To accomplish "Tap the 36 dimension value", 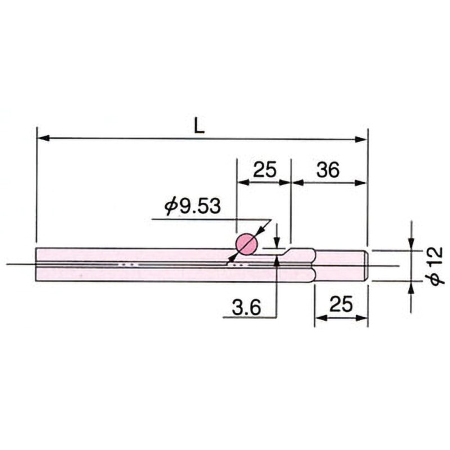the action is pyautogui.click(x=328, y=169).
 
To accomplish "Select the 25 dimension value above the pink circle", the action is pyautogui.click(x=265, y=169).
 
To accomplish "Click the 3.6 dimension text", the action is pyautogui.click(x=246, y=307).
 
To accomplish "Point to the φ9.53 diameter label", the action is pyautogui.click(x=192, y=206).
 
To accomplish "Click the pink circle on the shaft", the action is pyautogui.click(x=246, y=244).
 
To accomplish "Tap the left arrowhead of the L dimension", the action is pyautogui.click(x=43, y=138).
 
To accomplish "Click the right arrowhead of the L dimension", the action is pyautogui.click(x=361, y=139).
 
